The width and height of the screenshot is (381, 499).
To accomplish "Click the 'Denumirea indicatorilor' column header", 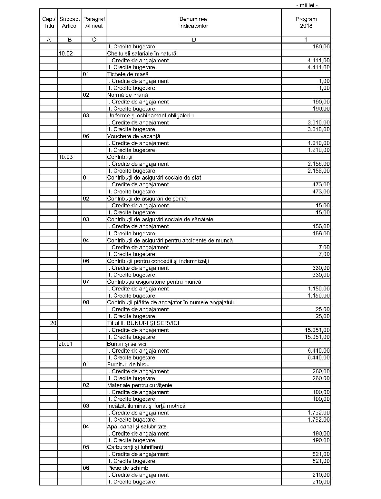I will [x=193, y=23].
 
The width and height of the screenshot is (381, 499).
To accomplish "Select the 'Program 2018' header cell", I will [x=306, y=23].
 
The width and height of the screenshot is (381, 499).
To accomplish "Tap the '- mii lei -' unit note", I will [x=307, y=5].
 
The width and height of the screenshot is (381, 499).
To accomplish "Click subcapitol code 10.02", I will [x=66, y=54].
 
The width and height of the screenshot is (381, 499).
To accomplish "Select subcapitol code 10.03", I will [x=66, y=157].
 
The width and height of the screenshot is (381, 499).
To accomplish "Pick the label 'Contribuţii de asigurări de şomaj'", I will [x=147, y=199].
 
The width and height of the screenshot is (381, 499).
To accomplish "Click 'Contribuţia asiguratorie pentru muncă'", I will [x=154, y=282].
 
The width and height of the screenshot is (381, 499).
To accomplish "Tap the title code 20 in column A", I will [x=53, y=323].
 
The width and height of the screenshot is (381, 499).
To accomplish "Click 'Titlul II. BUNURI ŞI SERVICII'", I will [x=144, y=323].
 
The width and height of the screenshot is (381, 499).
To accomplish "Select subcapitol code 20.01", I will [x=65, y=344].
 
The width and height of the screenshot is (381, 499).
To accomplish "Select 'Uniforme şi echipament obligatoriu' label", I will [x=150, y=116].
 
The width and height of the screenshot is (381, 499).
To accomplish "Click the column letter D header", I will [x=193, y=40].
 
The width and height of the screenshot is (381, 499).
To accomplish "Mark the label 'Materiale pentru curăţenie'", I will [x=140, y=385].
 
